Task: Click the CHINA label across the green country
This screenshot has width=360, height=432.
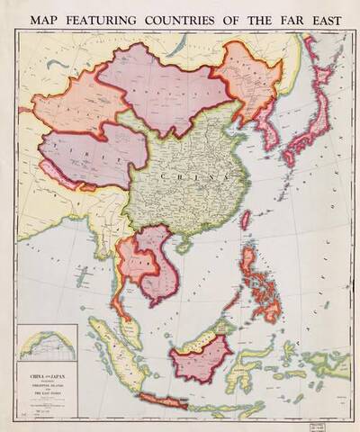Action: [184, 179]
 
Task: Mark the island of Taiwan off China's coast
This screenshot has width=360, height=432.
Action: [245, 219]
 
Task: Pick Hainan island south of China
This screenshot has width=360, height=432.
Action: [184, 245]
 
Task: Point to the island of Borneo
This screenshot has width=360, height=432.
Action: [202, 355]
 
